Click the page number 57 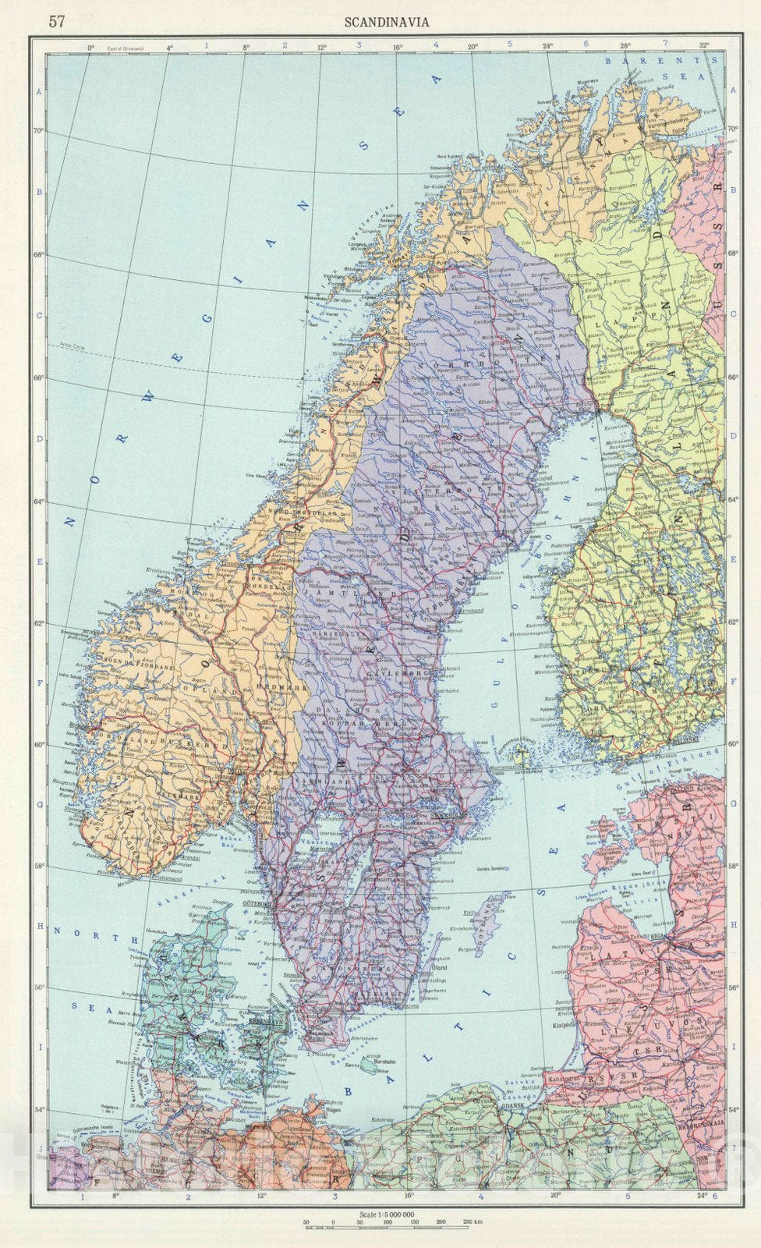56,22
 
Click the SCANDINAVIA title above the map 388,22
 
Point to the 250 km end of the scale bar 472,1221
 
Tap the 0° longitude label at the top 91,47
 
